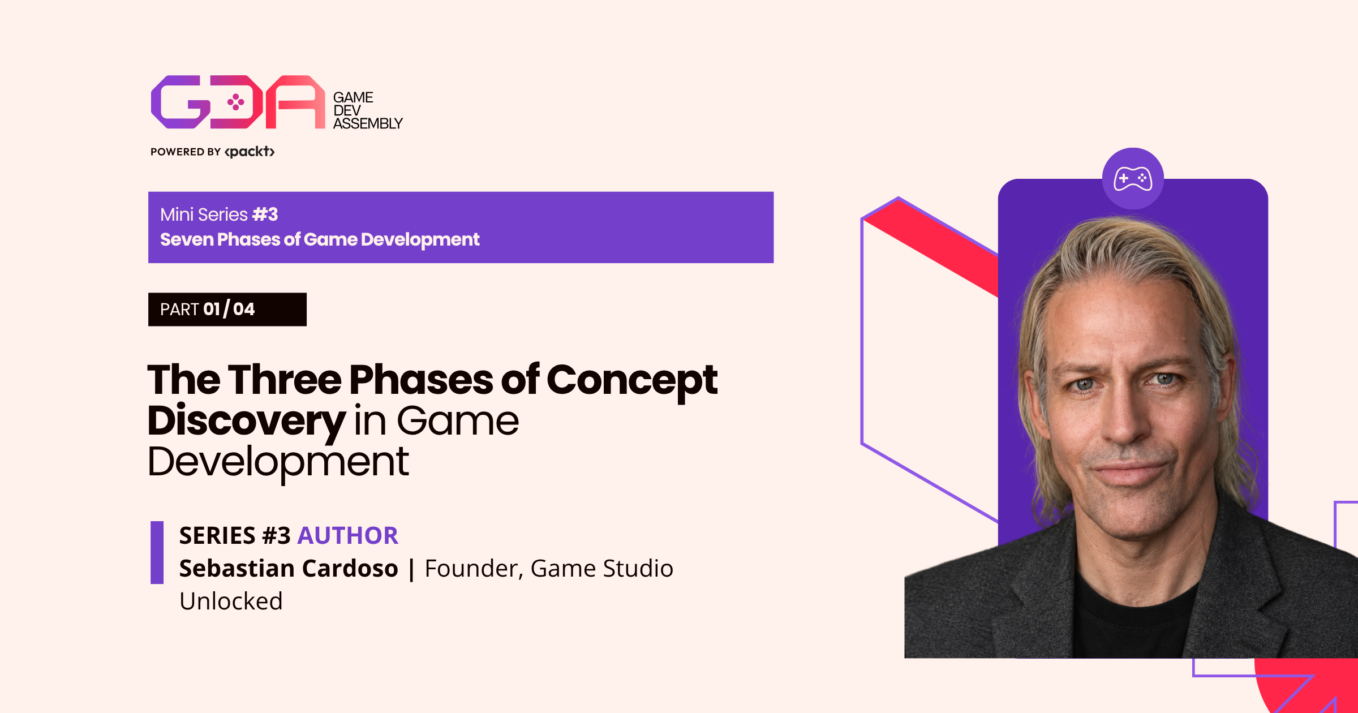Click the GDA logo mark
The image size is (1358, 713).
(238, 102)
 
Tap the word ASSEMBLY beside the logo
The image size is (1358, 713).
(368, 123)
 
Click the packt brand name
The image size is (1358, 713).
(250, 152)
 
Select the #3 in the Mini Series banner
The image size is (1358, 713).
(265, 214)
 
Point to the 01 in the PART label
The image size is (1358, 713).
(212, 309)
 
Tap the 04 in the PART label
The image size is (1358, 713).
(244, 309)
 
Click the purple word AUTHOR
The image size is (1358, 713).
(348, 535)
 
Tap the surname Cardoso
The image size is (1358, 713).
(358, 568)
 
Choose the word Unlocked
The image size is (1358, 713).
(231, 601)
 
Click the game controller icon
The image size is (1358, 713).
(1133, 179)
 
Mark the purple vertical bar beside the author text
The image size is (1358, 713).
(157, 552)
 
